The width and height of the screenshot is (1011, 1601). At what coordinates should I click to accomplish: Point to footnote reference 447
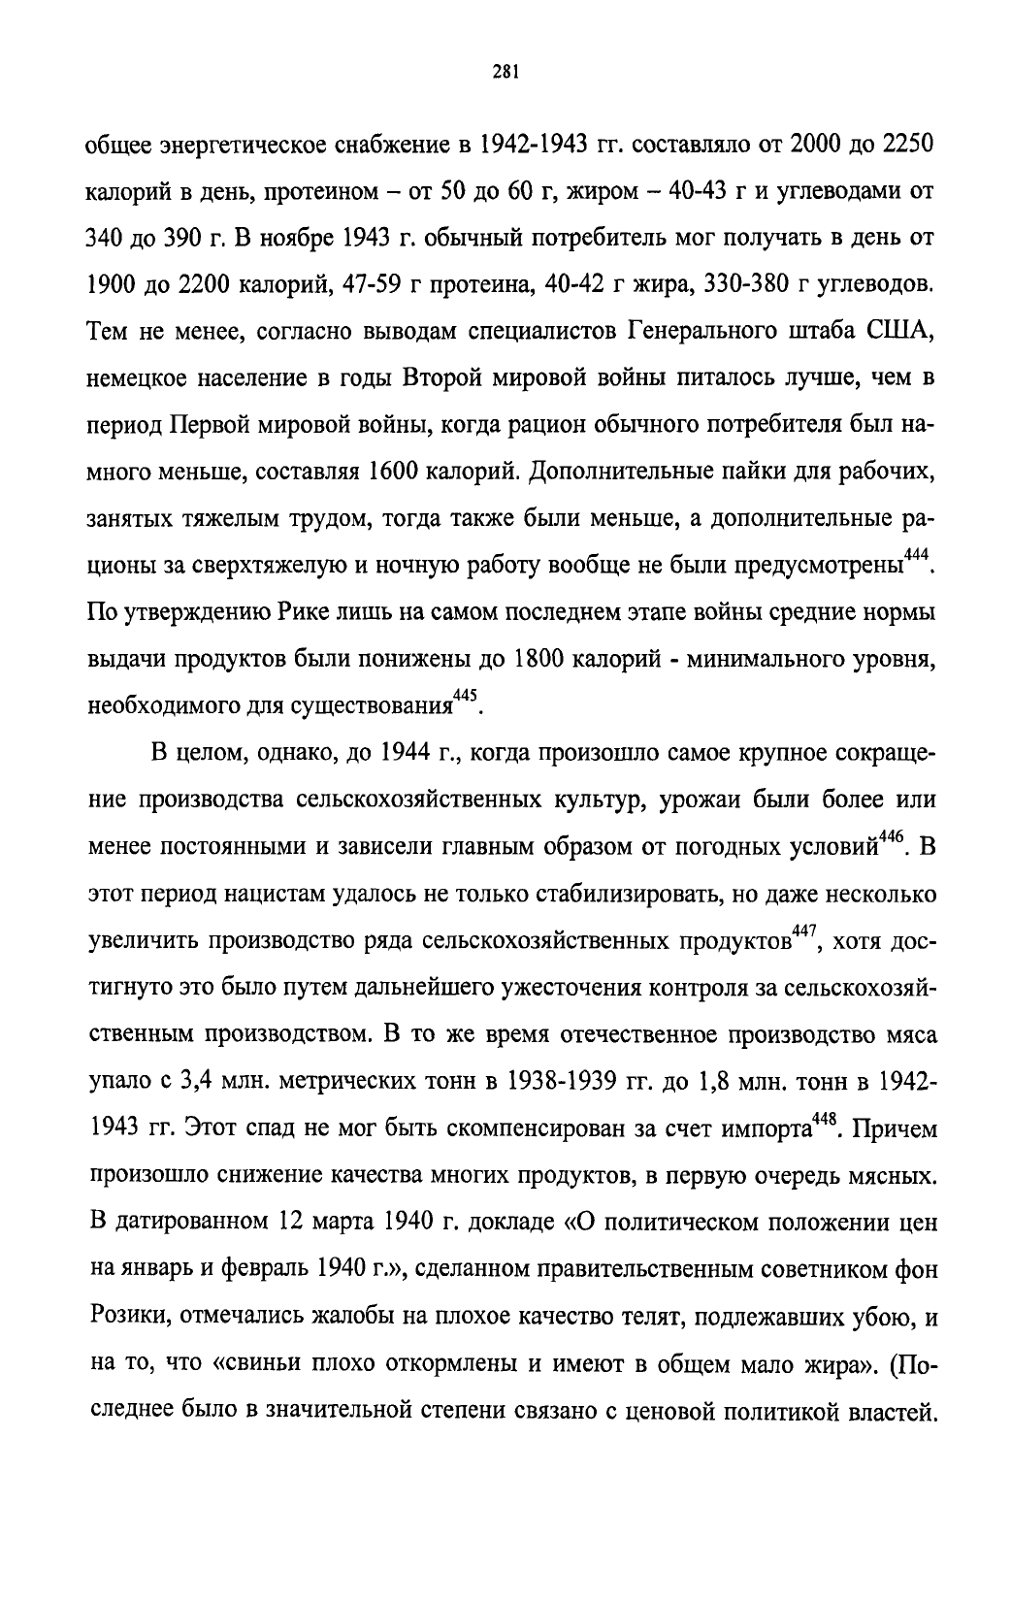coord(805,933)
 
